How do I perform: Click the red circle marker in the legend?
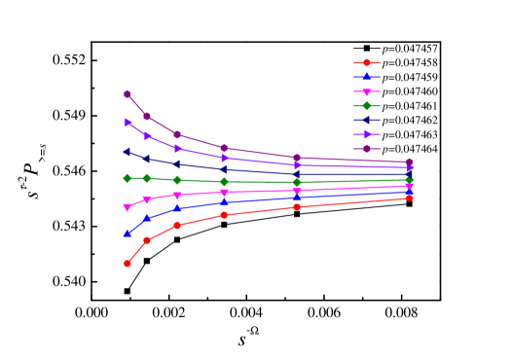click(367, 62)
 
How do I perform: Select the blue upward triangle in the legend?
click(367, 76)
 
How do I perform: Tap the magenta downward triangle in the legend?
click(367, 91)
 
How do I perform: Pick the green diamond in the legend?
click(367, 105)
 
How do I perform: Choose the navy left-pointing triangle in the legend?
click(367, 120)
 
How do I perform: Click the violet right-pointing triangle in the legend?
click(367, 134)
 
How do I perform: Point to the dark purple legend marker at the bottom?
click(367, 149)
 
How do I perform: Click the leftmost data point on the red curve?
click(128, 264)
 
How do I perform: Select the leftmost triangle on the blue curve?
click(128, 234)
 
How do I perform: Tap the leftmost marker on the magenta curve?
click(128, 207)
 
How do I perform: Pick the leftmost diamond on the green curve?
click(128, 178)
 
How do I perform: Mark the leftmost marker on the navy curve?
click(128, 152)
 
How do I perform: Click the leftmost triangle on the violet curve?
click(128, 123)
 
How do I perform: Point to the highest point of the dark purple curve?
click(128, 93)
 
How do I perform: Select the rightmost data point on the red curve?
click(410, 198)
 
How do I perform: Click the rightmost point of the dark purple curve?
click(410, 162)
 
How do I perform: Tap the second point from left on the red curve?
click(147, 240)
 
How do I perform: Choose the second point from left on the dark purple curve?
click(147, 117)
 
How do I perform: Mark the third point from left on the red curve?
click(177, 225)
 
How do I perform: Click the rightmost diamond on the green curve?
click(410, 179)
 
